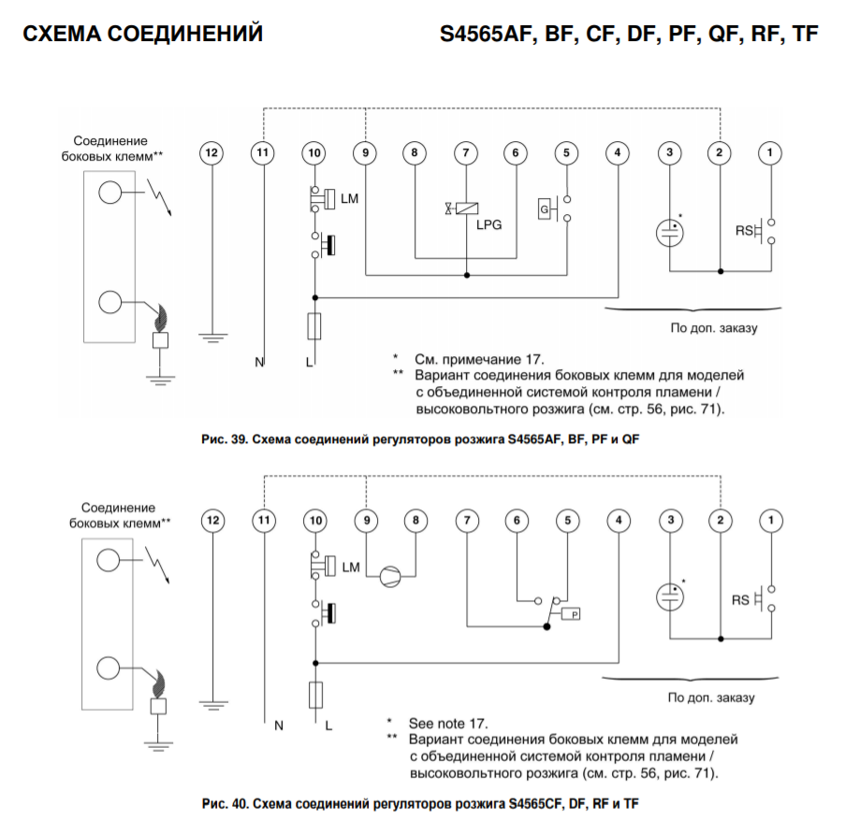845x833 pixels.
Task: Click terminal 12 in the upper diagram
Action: pos(212,151)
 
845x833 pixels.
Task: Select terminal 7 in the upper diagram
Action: pos(465,151)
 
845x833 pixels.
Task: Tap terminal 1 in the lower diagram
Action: pos(770,519)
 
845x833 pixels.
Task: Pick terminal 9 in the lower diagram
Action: pos(365,519)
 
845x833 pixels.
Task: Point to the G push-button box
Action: pos(544,210)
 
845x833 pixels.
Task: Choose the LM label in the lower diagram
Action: pos(351,567)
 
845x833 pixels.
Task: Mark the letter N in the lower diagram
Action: pos(278,724)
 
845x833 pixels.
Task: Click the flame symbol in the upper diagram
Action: pos(162,318)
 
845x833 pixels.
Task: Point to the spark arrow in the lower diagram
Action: pos(159,564)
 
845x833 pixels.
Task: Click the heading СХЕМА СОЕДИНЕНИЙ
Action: pos(142,35)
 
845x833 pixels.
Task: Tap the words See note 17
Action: pos(448,724)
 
